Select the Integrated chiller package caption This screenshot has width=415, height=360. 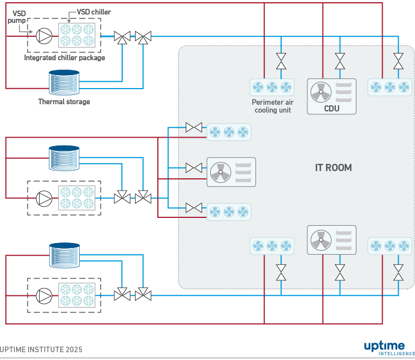[x=64, y=57]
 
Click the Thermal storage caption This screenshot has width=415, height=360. [x=64, y=102]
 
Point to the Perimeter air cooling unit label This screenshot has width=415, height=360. [x=272, y=106]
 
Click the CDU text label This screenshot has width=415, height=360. [x=331, y=108]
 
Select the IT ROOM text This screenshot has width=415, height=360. [x=333, y=167]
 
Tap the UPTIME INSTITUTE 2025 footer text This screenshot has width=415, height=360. [x=41, y=349]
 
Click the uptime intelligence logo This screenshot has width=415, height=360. [x=389, y=348]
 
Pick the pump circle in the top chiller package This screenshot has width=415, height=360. [x=44, y=36]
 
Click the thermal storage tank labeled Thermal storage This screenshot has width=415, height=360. [x=64, y=82]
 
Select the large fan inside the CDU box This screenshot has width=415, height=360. [x=321, y=93]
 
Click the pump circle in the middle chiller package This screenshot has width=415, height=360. [x=44, y=198]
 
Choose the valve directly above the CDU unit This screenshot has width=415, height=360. [x=340, y=60]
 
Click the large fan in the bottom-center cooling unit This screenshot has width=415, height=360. [x=321, y=241]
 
